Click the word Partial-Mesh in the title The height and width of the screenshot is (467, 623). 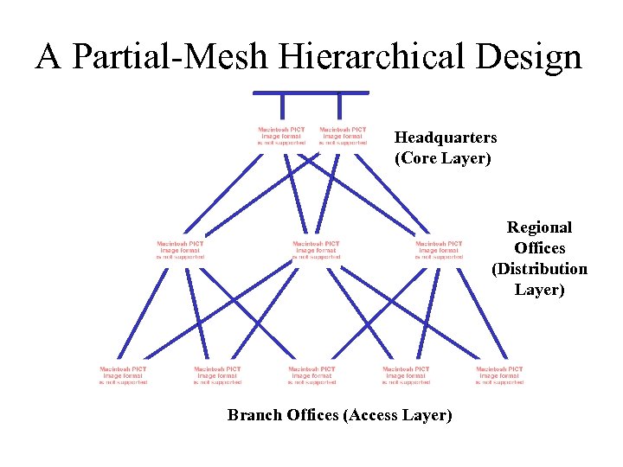coord(171,57)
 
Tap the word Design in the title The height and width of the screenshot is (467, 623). coord(529,57)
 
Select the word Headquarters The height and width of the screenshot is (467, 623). coord(446,138)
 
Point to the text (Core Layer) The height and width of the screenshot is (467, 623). coord(442,158)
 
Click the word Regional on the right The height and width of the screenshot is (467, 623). coord(539,227)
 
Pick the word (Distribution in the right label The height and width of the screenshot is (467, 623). coord(539,269)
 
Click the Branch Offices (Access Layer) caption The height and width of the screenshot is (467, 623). coord(339,415)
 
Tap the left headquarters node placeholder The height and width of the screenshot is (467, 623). coord(281,136)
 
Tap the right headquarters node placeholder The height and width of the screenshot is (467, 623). coord(342,136)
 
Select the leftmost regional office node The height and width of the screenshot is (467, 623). coord(180,250)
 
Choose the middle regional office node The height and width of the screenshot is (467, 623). coord(316,250)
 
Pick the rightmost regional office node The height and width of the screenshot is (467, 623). coord(439,250)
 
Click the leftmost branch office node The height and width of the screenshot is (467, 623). coord(123,375)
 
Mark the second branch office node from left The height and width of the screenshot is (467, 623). coord(217,375)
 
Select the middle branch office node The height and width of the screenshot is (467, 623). coord(311,375)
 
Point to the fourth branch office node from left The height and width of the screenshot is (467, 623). coord(406,375)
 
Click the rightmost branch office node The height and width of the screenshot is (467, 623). coord(499,375)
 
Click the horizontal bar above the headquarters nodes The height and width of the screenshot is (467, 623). coord(311,93)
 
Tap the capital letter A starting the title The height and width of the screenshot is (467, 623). coord(48,57)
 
